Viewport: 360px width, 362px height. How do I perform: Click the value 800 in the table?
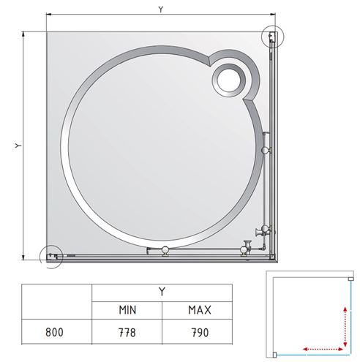(54, 332)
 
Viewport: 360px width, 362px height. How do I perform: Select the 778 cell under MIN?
(127, 332)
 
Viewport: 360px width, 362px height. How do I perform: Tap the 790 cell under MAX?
(200, 332)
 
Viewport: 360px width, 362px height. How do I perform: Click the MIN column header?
(127, 310)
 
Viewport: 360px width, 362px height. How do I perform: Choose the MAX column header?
(200, 310)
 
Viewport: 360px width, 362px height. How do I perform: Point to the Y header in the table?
(162, 291)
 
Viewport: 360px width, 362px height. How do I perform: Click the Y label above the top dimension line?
(160, 10)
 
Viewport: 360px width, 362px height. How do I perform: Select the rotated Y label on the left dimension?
(18, 146)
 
